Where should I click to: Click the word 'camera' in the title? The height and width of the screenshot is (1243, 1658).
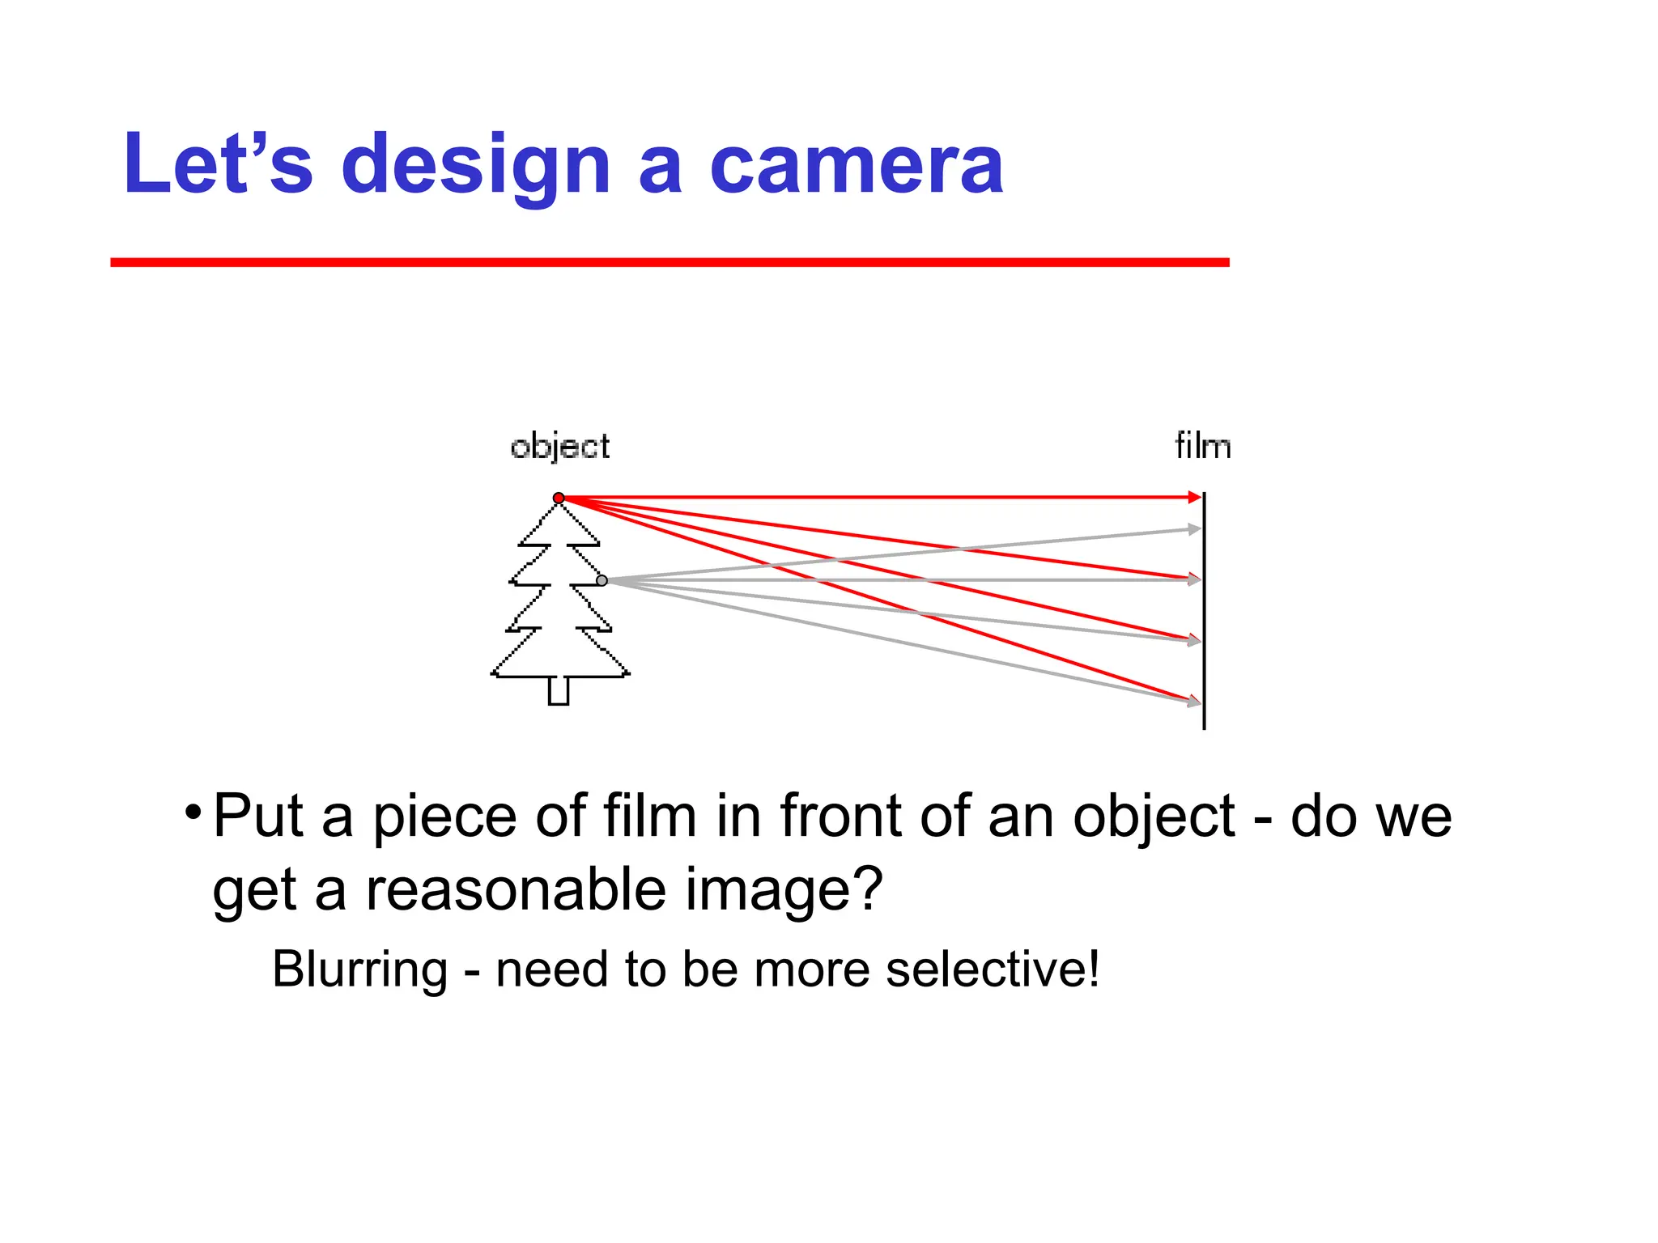pyautogui.click(x=856, y=164)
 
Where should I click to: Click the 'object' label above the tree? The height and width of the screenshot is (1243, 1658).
pyautogui.click(x=560, y=447)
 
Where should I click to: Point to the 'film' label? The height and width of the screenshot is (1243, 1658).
pyautogui.click(x=1202, y=446)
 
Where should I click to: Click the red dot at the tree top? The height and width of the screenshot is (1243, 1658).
pyautogui.click(x=559, y=498)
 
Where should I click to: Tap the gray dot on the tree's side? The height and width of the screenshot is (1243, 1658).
pyautogui.click(x=602, y=580)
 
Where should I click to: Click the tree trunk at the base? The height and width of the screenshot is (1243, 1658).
pyautogui.click(x=559, y=691)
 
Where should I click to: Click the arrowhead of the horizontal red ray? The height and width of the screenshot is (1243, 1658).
pyautogui.click(x=1194, y=497)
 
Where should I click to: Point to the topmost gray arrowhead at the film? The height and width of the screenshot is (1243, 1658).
pyautogui.click(x=1193, y=529)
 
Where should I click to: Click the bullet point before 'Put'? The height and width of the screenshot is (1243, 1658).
pyautogui.click(x=192, y=812)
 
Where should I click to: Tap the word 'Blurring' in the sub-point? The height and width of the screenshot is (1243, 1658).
pyautogui.click(x=359, y=969)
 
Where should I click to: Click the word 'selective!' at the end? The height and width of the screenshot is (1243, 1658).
pyautogui.click(x=993, y=969)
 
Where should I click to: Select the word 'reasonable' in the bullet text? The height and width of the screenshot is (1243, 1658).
pyautogui.click(x=517, y=889)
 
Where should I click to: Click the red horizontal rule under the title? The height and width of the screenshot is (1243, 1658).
pyautogui.click(x=670, y=262)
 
